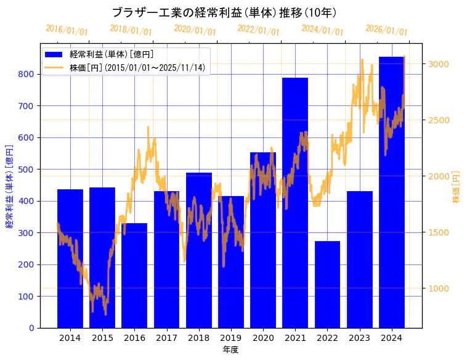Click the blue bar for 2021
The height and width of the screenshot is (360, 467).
pos(295,203)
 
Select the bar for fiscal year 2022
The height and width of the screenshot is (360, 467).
pos(327,284)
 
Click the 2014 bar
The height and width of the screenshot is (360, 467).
pos(70,259)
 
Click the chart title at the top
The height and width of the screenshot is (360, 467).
pos(224,12)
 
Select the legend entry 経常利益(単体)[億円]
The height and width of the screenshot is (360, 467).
pos(112,55)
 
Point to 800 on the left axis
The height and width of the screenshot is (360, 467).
pos(29,74)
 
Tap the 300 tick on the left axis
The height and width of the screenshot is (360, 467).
pos(29,232)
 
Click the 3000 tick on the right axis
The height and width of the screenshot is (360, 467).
pos(439,64)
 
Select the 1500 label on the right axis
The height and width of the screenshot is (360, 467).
pos(439,232)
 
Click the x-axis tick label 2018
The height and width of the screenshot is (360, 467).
pos(198,338)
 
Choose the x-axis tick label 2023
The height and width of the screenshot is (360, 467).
pos(359,338)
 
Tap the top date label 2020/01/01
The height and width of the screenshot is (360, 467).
pos(195,30)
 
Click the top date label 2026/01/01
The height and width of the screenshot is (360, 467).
pos(386,30)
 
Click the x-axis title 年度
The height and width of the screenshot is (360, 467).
pos(230,350)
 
